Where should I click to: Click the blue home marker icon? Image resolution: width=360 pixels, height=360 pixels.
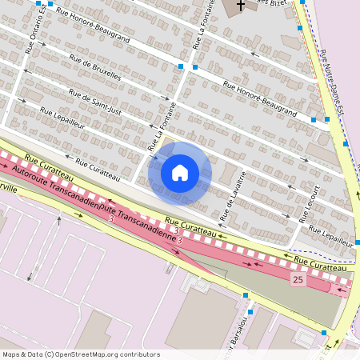(x=180, y=172)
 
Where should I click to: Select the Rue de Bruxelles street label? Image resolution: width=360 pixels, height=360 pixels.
(x=95, y=68)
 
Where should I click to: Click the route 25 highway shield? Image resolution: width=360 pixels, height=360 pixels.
(x=298, y=279)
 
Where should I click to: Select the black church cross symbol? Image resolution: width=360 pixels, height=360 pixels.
(x=240, y=5)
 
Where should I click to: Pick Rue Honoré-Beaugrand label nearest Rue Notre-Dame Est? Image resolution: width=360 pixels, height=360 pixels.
(x=259, y=100)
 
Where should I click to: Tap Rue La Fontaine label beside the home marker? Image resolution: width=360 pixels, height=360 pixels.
(x=162, y=126)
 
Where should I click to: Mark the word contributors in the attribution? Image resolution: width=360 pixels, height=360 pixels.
(x=138, y=354)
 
